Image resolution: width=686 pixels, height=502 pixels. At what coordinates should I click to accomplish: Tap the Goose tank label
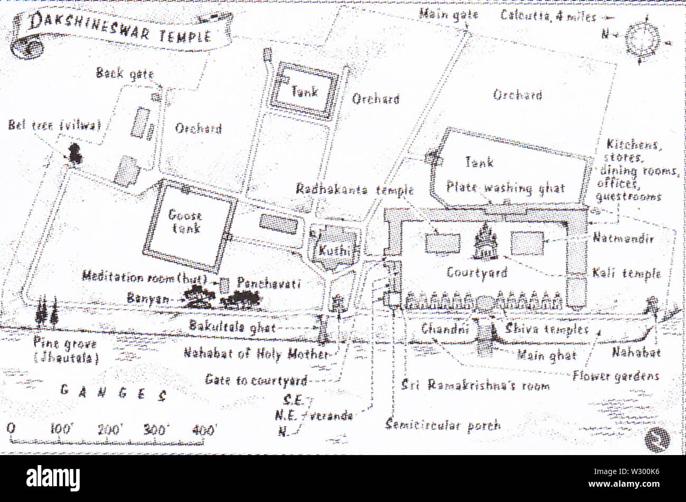click(x=185, y=221)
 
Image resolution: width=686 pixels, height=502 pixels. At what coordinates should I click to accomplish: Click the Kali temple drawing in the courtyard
click(x=484, y=243)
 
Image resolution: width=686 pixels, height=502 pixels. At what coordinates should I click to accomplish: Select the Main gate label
click(x=448, y=14)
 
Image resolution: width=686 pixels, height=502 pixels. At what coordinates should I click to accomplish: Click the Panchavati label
click(x=269, y=283)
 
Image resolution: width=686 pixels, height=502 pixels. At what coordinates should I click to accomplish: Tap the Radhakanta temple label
click(x=355, y=189)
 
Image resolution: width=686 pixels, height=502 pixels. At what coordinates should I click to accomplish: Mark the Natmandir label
click(x=623, y=238)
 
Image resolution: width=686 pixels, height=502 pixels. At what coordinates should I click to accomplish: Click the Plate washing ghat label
click(x=505, y=188)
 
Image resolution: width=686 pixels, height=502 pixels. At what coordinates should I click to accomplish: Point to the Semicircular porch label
click(x=443, y=424)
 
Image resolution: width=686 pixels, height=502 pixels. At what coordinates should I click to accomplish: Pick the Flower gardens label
click(x=615, y=376)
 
